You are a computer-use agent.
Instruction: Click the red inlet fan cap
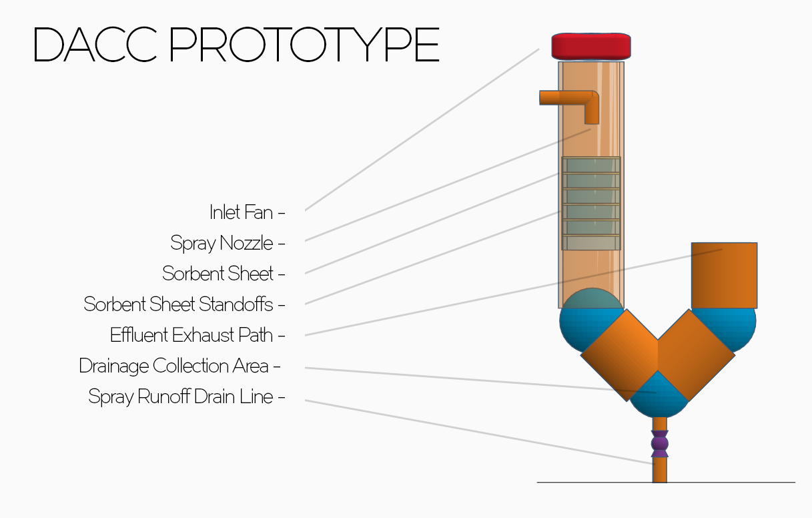[591, 45]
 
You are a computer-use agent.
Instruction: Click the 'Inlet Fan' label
[242, 213]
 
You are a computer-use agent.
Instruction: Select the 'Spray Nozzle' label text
[222, 243]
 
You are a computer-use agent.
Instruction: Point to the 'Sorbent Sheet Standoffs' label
[179, 304]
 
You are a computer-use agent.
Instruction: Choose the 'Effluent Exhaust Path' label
[191, 334]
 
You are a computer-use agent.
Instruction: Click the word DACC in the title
[93, 45]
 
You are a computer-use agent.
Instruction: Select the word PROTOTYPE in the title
[304, 45]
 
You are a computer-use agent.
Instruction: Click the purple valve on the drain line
[659, 443]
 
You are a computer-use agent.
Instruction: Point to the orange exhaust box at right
[724, 275]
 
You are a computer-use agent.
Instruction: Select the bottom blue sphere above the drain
[659, 398]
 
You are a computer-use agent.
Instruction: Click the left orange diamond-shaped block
[619, 354]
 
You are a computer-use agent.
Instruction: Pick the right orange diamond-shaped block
[696, 354]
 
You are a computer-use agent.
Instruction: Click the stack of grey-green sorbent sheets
[591, 204]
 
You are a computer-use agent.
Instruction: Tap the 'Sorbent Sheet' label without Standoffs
[218, 274]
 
